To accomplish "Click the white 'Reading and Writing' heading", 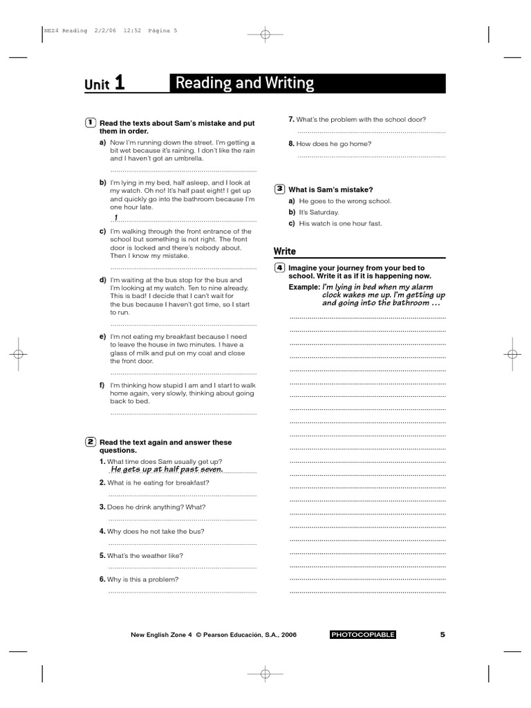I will pyautogui.click(x=245, y=84).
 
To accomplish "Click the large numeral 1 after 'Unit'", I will pyautogui.click(x=120, y=84).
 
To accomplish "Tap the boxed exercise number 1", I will pyautogui.click(x=91, y=122).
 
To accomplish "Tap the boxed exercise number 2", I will pyautogui.click(x=91, y=441).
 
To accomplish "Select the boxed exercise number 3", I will pyautogui.click(x=279, y=189).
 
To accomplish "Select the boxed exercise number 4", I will pyautogui.click(x=279, y=268).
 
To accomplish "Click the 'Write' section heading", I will pyautogui.click(x=284, y=251).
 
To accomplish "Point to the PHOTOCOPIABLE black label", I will pyautogui.click(x=363, y=635).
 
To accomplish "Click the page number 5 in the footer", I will pyautogui.click(x=442, y=634).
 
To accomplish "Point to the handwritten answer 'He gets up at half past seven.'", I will pyautogui.click(x=167, y=469).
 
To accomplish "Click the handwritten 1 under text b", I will pyautogui.click(x=116, y=217).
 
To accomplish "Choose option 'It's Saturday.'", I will pyautogui.click(x=319, y=212).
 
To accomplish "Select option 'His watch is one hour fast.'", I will pyautogui.click(x=340, y=223).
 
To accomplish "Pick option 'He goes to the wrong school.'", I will pyautogui.click(x=345, y=201).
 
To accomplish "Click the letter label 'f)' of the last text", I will pyautogui.click(x=102, y=384).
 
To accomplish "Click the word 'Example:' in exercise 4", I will pyautogui.click(x=304, y=286).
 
